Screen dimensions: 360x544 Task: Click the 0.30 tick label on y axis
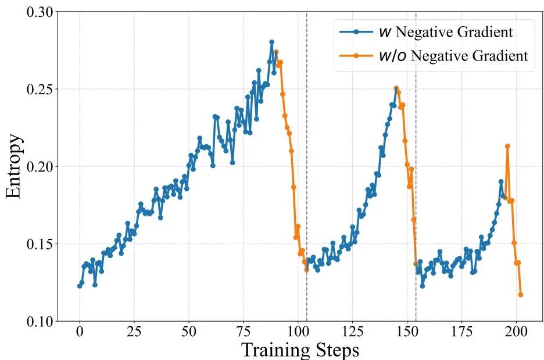coord(38,12)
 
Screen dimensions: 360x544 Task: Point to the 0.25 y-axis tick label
coord(38,90)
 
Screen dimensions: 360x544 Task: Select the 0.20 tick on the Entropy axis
coord(38,167)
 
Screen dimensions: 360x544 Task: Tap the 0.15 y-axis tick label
coord(38,244)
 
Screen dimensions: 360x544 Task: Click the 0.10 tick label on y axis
coord(38,321)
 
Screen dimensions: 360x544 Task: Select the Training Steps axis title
coord(300,350)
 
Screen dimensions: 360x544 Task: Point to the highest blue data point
coord(271,42)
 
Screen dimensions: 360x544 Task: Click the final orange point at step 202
coord(521,295)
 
